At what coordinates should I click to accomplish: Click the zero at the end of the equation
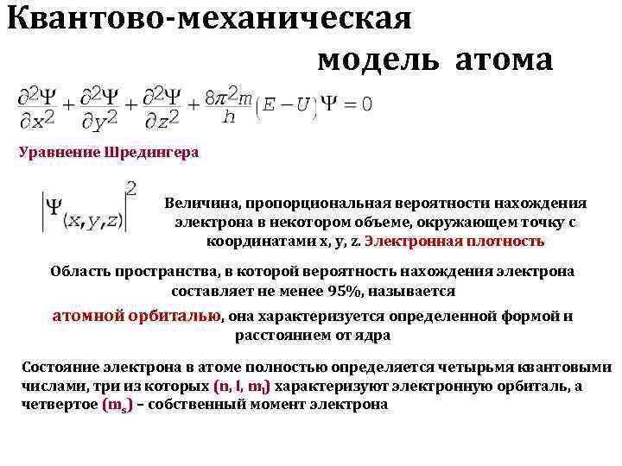[x=366, y=104]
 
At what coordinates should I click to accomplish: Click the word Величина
[x=202, y=204]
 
